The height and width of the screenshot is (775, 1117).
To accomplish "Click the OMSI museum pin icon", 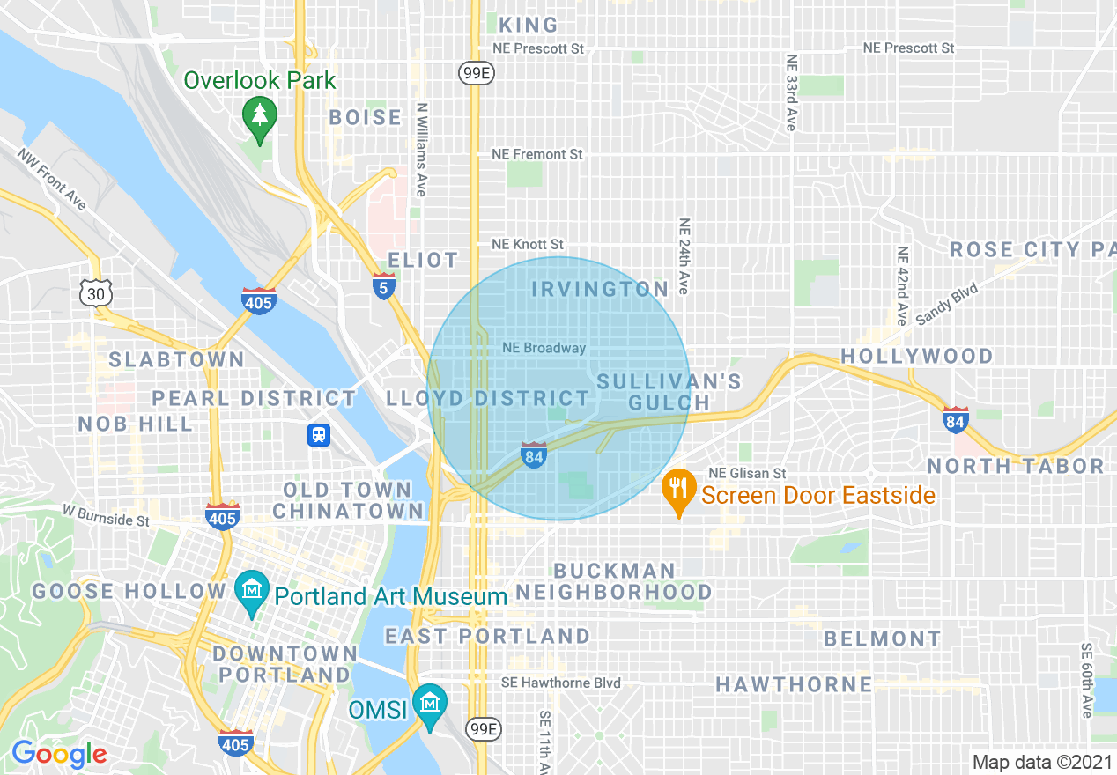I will coord(429,705).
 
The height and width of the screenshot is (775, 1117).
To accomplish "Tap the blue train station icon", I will coord(318,435).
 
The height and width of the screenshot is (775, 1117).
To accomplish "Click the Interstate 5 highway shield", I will coord(383,286).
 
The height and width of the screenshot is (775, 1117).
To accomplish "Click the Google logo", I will coord(59,754).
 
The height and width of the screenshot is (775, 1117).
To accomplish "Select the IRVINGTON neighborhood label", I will coord(600,290).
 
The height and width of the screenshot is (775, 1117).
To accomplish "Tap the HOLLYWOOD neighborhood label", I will coord(917,356).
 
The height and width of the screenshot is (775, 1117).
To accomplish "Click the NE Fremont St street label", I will coord(536,154).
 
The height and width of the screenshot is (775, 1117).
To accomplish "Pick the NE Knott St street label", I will coord(527,244).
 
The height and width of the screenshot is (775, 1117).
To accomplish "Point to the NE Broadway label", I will coord(544,348).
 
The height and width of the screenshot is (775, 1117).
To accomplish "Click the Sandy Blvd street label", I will coord(946,304).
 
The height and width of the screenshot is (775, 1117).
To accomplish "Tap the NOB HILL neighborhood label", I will coord(136,424).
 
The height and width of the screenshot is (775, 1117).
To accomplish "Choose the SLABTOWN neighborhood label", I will coord(176,359).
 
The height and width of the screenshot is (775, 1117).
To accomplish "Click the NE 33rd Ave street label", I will coord(790,92).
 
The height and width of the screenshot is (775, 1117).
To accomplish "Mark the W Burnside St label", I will coord(106,515).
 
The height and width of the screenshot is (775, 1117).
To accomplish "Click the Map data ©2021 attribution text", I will coord(1041,762).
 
